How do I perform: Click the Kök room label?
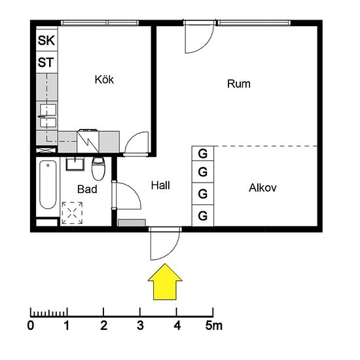(x=104, y=80)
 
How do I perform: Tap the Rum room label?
(x=239, y=84)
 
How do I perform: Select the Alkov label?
(x=263, y=188)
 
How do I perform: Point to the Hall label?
(x=160, y=185)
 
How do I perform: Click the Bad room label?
(x=87, y=189)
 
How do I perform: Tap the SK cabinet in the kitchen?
(x=46, y=40)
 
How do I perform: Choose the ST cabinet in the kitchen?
(x=46, y=62)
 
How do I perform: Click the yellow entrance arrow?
(x=165, y=281)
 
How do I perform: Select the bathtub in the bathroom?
(x=48, y=185)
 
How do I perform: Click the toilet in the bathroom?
(x=98, y=168)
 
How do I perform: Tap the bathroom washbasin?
(x=75, y=164)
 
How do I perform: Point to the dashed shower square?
(x=72, y=213)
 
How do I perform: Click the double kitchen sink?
(x=48, y=116)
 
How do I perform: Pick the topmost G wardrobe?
(x=203, y=154)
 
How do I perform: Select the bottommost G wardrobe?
(x=203, y=215)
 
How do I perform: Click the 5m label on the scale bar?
(x=214, y=325)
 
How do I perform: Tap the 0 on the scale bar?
(x=31, y=325)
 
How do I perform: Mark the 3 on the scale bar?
(x=140, y=325)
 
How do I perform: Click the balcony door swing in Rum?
(x=207, y=45)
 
